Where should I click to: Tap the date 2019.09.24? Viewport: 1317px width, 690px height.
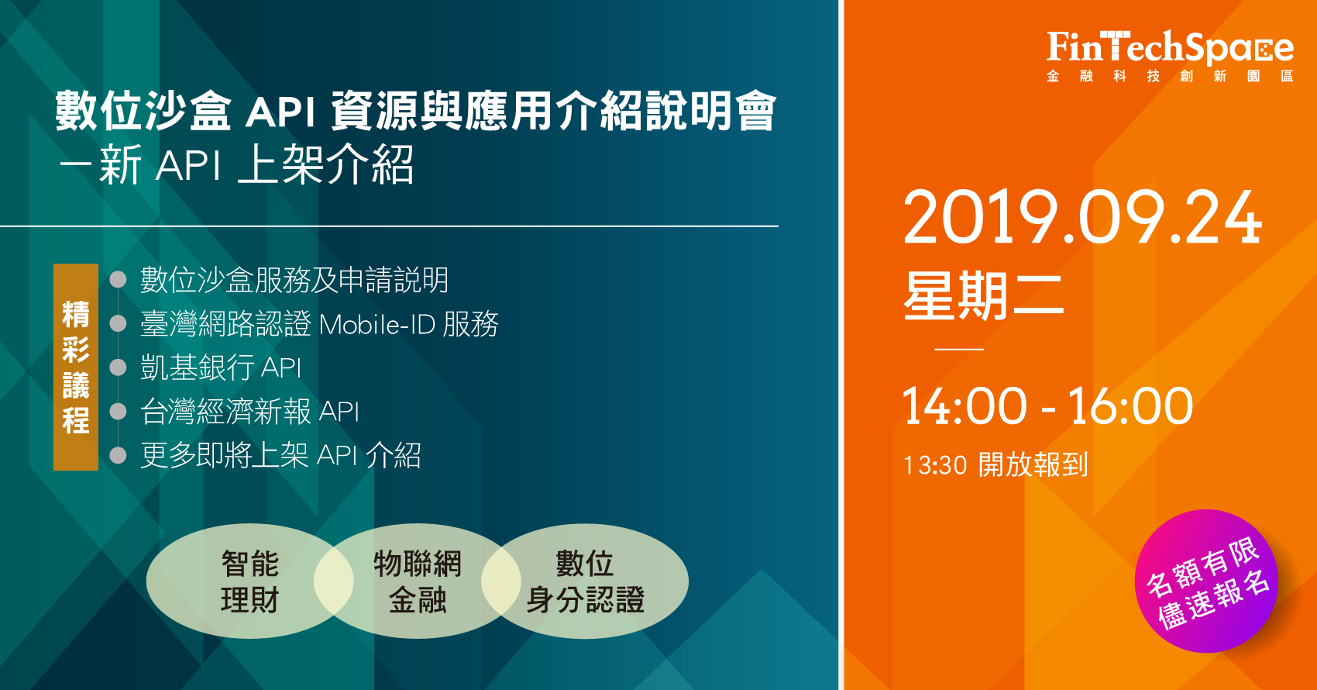pos(1082,217)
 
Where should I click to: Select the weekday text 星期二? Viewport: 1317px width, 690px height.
pos(984,296)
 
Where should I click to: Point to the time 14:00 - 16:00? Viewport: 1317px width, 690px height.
pos(1047,405)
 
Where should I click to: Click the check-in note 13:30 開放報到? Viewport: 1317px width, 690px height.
pos(995,464)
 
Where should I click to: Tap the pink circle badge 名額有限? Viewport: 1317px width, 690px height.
pos(1206,581)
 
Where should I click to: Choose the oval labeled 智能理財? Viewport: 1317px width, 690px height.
pos(250,581)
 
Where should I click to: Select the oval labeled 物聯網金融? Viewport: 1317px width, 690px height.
pos(418,581)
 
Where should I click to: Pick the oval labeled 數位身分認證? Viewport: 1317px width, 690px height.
pos(585,581)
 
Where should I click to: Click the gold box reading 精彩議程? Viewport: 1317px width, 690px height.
pos(76,367)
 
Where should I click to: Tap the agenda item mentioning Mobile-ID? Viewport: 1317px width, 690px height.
pos(319,324)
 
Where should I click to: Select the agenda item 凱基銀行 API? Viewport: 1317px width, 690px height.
pos(221,367)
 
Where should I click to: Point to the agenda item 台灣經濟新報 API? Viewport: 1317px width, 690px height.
pos(249,411)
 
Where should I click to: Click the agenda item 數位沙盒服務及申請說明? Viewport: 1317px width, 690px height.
pos(294,280)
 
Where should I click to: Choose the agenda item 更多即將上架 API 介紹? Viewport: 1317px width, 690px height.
pos(280,455)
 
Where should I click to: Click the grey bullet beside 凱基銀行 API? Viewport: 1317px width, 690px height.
pos(119,367)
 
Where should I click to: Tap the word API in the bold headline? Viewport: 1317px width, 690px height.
pos(280,112)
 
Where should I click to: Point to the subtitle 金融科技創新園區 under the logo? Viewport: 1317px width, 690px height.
pos(1170,76)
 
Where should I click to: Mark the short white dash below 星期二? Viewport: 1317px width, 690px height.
pos(959,349)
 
